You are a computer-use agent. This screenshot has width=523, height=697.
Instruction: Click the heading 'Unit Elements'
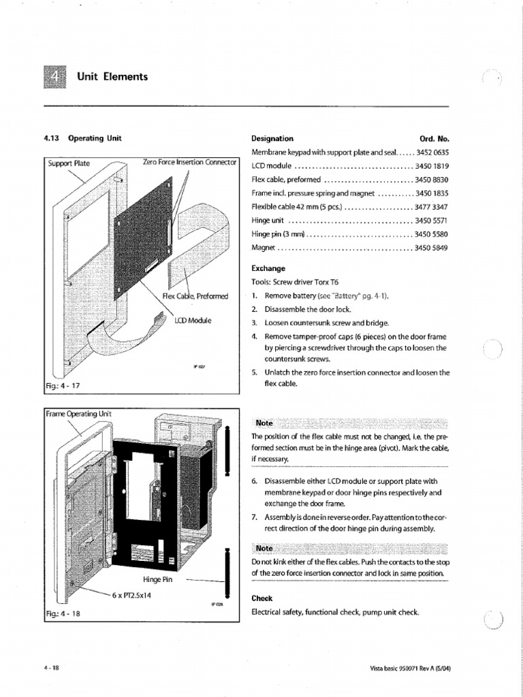click(x=112, y=77)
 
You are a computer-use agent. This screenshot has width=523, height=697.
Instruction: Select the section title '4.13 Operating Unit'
click(x=82, y=138)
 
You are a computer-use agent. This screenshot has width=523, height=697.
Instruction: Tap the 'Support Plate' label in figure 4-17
click(x=69, y=163)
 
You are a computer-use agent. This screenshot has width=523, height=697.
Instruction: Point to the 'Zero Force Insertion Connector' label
click(x=189, y=162)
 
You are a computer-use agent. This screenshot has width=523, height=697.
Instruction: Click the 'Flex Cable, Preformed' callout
click(x=195, y=296)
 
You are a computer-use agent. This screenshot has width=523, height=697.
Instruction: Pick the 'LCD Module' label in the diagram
click(x=193, y=319)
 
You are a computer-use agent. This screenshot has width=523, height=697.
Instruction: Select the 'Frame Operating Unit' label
click(x=79, y=414)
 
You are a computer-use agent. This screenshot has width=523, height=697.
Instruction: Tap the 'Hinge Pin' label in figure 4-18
click(x=158, y=579)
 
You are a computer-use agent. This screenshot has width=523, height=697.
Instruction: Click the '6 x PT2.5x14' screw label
click(x=133, y=594)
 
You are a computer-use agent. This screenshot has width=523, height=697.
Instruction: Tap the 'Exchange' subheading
click(x=268, y=268)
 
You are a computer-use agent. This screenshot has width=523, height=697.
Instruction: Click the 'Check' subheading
click(x=262, y=598)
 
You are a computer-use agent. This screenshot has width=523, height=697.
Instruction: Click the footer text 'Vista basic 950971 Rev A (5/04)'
click(x=405, y=668)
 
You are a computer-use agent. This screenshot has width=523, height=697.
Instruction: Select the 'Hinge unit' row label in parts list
click(x=269, y=221)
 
